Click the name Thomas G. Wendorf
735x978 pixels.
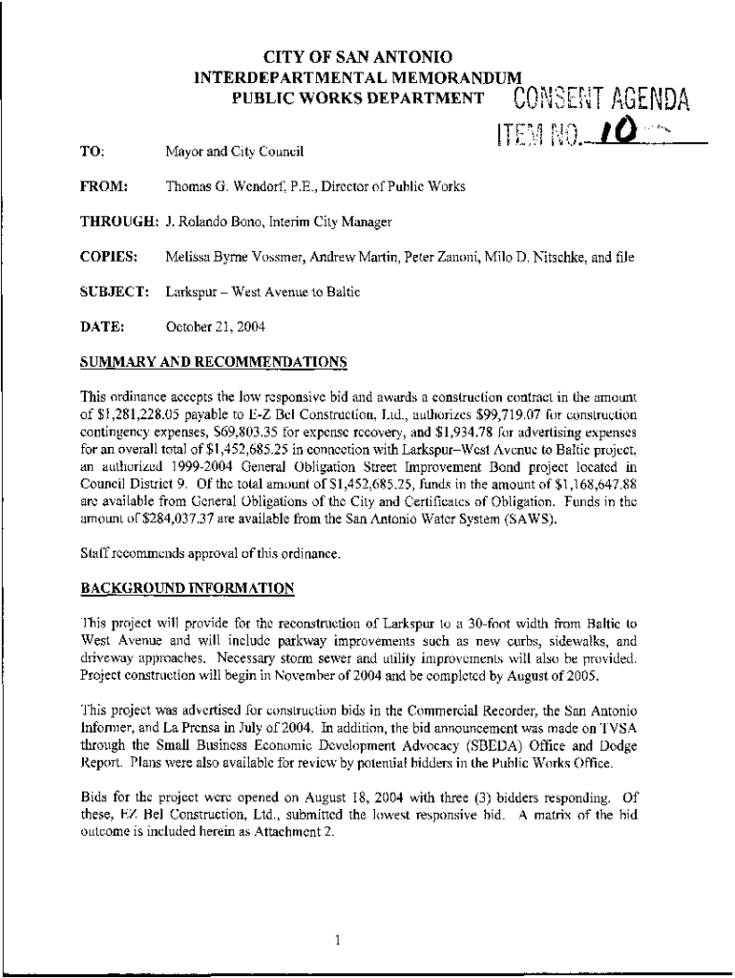click(x=221, y=186)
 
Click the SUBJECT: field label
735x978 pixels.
click(x=114, y=291)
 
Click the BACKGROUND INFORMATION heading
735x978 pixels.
click(x=187, y=587)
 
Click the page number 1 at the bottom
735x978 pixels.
click(x=339, y=913)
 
